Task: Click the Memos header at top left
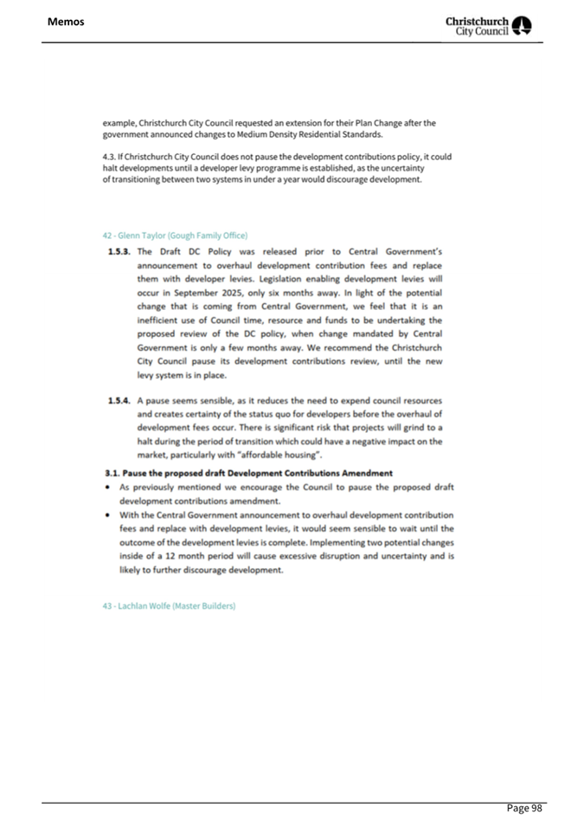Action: tap(67, 21)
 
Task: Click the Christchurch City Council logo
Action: tap(489, 23)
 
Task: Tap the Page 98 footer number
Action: tap(524, 808)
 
